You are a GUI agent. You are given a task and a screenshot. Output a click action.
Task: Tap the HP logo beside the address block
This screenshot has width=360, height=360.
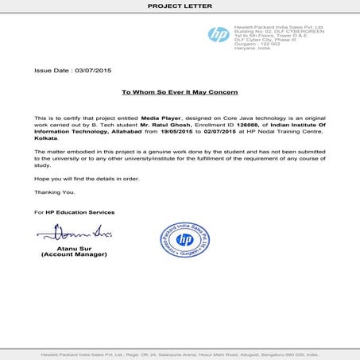point(218,34)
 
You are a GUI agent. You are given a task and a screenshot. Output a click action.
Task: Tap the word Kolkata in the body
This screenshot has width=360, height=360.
point(47,137)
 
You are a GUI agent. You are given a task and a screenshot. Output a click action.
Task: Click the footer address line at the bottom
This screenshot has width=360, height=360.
point(180,354)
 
